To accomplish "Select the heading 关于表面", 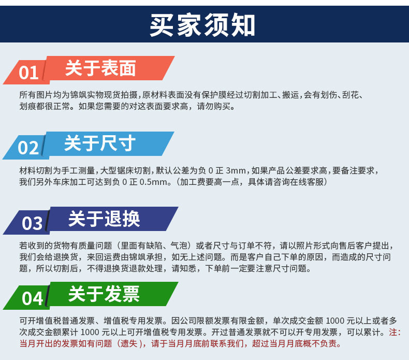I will [x=100, y=68].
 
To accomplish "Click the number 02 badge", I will [x=28, y=148].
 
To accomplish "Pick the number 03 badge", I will [x=32, y=223].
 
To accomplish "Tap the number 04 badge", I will [x=32, y=298].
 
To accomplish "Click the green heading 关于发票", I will [x=104, y=294].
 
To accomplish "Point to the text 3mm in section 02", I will [x=236, y=170].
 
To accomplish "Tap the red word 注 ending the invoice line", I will [x=392, y=332].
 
